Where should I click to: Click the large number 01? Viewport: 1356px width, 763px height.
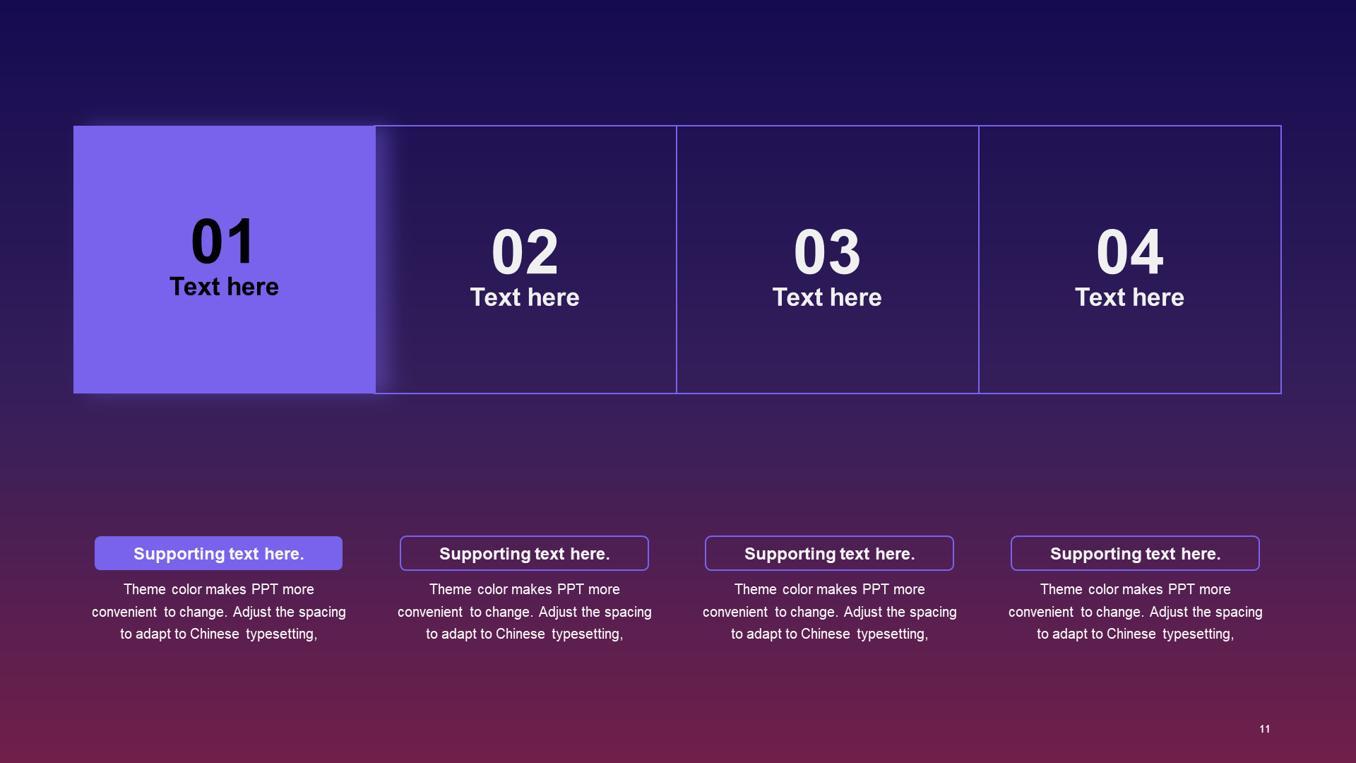coord(223,241)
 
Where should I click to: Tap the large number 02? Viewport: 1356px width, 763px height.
coord(525,252)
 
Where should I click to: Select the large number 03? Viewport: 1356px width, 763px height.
coord(827,252)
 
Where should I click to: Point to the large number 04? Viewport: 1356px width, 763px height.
coord(1129,252)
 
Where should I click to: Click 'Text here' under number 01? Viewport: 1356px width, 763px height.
coord(224,287)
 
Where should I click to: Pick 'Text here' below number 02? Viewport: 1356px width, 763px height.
coord(525,297)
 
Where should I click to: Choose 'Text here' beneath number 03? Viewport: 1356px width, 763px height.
coord(827,297)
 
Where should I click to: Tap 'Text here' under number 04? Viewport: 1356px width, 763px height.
coord(1129,297)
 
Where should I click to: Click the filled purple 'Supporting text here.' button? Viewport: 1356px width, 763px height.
coord(218,553)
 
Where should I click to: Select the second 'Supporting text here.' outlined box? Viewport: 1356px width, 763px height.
coord(524,553)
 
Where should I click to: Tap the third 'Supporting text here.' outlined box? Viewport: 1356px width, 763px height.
coord(829,553)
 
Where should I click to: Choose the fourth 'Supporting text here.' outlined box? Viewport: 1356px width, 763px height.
coord(1135,553)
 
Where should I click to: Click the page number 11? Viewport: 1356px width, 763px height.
coord(1265,729)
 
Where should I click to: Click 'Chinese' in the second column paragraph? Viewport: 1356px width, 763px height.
coord(521,634)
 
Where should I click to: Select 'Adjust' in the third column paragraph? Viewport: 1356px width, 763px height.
coord(863,612)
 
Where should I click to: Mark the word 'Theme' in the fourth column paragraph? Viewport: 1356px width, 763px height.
coord(1061,589)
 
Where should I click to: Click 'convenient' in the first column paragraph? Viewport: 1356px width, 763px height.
coord(124,612)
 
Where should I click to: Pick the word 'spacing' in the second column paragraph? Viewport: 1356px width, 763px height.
coord(628,613)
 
